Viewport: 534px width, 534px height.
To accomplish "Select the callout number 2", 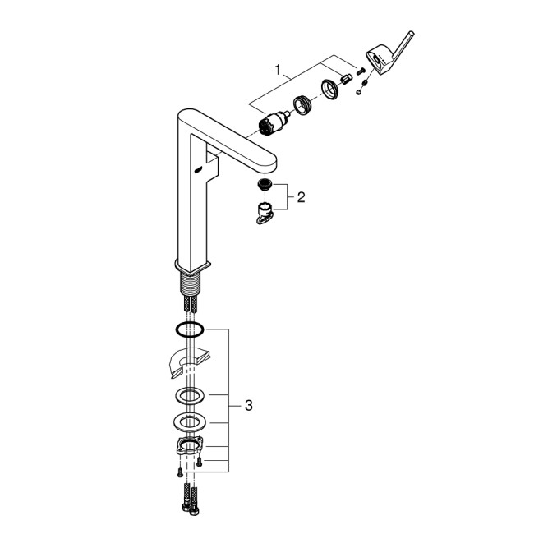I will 301,197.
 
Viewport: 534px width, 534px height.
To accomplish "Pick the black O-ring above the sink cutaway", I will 189,329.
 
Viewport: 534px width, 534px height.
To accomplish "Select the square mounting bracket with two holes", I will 190,449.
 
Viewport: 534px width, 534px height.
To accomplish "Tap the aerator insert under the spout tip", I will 265,186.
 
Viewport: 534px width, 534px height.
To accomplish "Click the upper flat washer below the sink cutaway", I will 189,395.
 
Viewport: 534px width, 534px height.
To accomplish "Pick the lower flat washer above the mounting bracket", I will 189,423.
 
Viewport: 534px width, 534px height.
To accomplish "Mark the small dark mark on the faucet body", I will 196,168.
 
